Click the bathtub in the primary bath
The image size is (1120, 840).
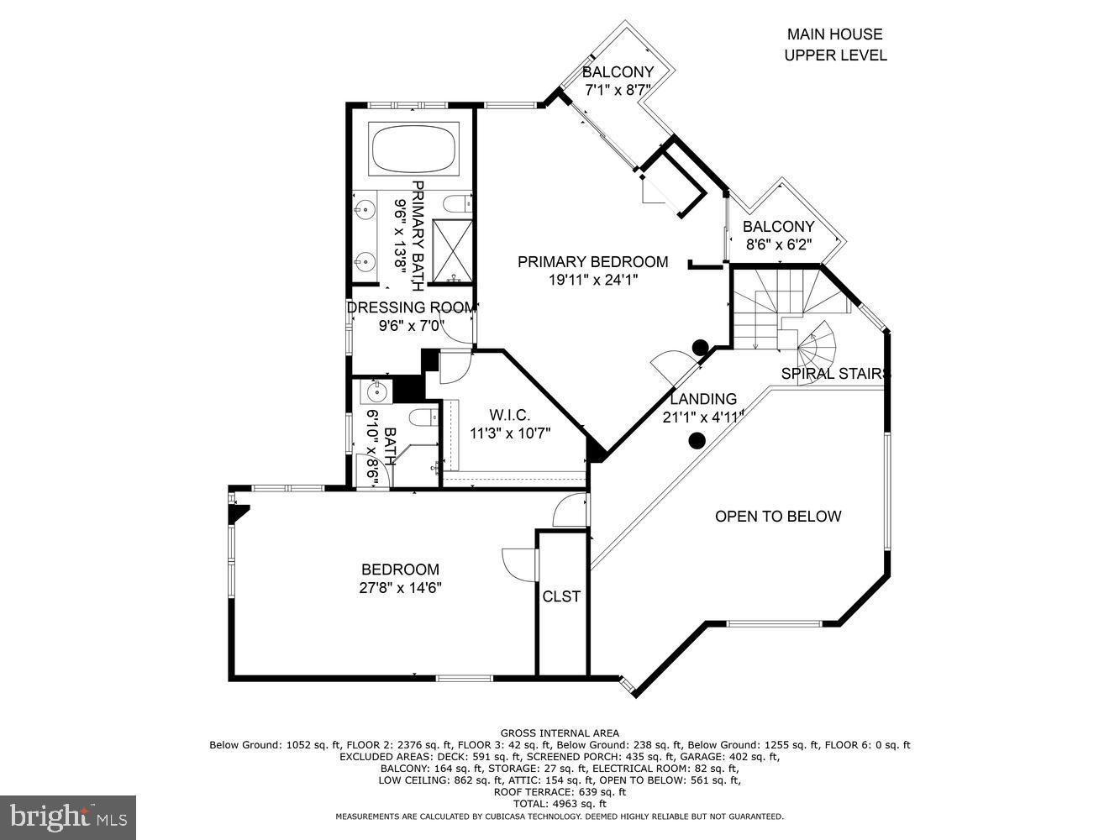pos(414,150)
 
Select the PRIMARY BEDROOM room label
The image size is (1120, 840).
pos(592,262)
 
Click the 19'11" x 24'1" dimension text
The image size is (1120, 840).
pos(594,281)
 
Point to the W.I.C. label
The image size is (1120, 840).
pos(510,415)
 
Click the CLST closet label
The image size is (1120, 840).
pos(561,596)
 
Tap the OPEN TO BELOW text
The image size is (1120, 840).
pos(777,517)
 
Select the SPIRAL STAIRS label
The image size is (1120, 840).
pos(835,374)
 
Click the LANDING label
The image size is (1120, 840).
pos(702,399)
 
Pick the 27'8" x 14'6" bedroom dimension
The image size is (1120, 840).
pos(400,588)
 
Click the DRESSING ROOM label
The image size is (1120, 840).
pos(411,307)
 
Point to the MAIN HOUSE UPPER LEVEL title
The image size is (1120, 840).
pos(834,45)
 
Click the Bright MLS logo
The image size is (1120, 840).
pos(68,816)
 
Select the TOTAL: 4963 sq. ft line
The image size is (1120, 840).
pos(559,804)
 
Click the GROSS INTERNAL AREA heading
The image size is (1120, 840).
pos(559,733)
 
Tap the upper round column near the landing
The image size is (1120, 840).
pos(699,346)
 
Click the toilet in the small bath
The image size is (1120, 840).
pos(423,417)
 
